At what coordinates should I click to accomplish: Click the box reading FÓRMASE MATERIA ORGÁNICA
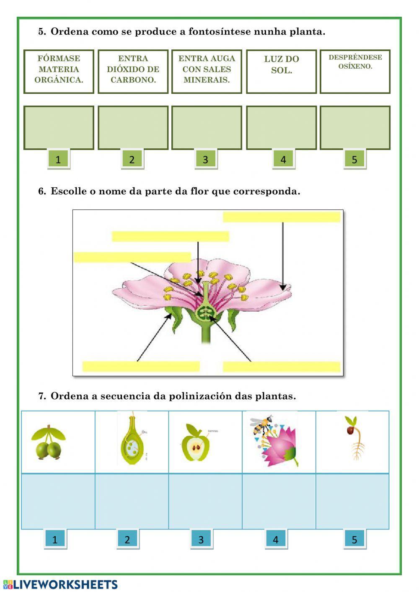click(59, 71)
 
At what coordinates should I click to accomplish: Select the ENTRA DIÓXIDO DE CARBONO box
click(133, 71)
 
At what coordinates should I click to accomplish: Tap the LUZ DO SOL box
click(281, 71)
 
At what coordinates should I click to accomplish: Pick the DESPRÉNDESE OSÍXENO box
click(355, 71)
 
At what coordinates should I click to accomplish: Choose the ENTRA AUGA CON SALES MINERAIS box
click(207, 71)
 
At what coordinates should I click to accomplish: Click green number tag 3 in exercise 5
click(205, 159)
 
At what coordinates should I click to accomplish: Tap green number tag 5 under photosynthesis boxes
click(354, 159)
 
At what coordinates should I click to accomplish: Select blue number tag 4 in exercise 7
click(275, 540)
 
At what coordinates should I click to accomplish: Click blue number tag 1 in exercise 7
click(55, 540)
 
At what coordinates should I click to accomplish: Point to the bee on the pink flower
click(262, 425)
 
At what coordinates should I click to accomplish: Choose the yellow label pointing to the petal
click(282, 217)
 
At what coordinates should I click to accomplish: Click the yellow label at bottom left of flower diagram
click(141, 367)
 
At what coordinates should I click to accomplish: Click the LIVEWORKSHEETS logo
click(61, 585)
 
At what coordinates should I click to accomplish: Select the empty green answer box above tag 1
click(59, 128)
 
